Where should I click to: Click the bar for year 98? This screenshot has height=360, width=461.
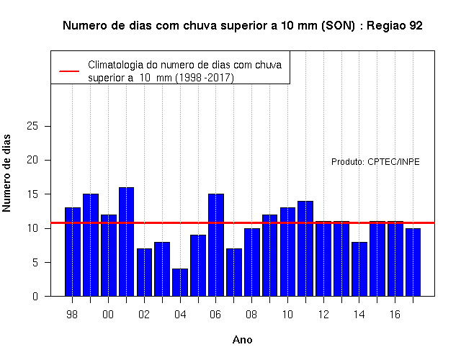pos(73,252)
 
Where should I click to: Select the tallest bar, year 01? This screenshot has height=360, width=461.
pos(127,242)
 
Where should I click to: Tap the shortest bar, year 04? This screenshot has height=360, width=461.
pos(180,282)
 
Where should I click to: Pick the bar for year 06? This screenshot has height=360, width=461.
pos(216,245)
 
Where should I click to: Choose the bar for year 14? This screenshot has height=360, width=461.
pos(359,269)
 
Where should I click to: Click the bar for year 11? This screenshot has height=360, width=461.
pos(305,248)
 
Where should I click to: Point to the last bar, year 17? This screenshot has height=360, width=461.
pos(413,262)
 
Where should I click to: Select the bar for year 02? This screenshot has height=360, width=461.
pos(144,272)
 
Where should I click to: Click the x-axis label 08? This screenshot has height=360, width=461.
pos(251,315)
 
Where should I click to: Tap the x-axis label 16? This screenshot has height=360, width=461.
pos(395,315)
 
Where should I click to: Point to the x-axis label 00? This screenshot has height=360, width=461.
pos(108,315)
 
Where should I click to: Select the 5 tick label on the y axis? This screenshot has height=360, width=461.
pos(35,262)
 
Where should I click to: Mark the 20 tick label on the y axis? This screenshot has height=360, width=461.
pos(32,160)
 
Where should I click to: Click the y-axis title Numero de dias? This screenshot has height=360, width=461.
pos(6,173)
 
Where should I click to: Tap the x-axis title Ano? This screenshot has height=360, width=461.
pos(242,340)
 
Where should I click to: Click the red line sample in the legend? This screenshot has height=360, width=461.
pos(69,71)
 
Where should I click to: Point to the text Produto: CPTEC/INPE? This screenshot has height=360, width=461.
pos(375,162)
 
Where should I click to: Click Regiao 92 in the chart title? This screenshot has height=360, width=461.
pos(395,26)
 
